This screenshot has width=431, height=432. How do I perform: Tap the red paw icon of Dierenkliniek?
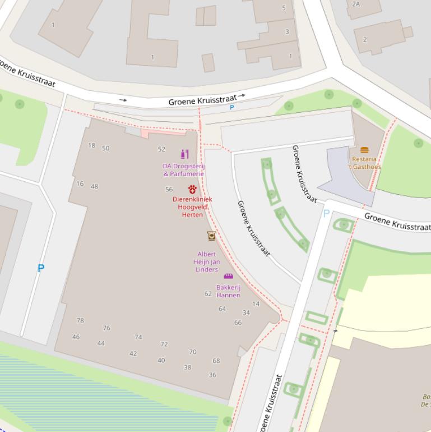(192, 190)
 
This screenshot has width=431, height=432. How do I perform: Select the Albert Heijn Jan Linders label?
(207, 261)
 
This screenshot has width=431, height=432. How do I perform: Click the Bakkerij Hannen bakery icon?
(228, 276)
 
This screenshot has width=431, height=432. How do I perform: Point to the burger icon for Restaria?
(364, 150)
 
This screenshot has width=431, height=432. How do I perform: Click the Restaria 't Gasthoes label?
(364, 163)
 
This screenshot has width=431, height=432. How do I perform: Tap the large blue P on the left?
(40, 269)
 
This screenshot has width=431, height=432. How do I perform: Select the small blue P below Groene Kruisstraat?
(231, 107)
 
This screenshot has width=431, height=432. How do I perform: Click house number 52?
(161, 149)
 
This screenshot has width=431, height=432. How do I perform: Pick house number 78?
(80, 320)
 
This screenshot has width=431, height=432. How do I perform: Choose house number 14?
(256, 304)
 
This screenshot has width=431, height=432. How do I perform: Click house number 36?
(212, 375)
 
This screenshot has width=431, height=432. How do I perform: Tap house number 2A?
(356, 4)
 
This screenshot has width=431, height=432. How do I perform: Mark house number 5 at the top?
(284, 8)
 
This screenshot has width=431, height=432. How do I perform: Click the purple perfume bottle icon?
(184, 154)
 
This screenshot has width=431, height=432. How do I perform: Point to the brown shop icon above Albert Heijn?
(211, 236)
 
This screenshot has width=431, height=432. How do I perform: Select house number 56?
(169, 190)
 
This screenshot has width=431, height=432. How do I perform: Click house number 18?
(91, 145)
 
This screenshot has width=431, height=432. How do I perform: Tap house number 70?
(192, 352)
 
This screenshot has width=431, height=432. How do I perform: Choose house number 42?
(133, 353)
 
